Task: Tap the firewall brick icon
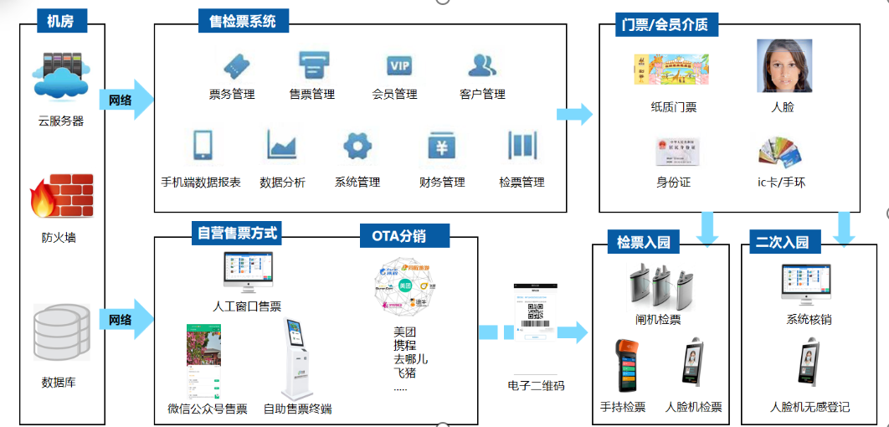tap(60, 196)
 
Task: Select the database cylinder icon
tap(61, 332)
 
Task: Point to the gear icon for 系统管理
tap(357, 146)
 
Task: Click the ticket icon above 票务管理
tap(234, 65)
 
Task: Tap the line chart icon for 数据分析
tap(282, 146)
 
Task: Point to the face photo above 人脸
tap(784, 66)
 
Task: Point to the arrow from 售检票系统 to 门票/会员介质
tap(574, 115)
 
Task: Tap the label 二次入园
tap(782, 243)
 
